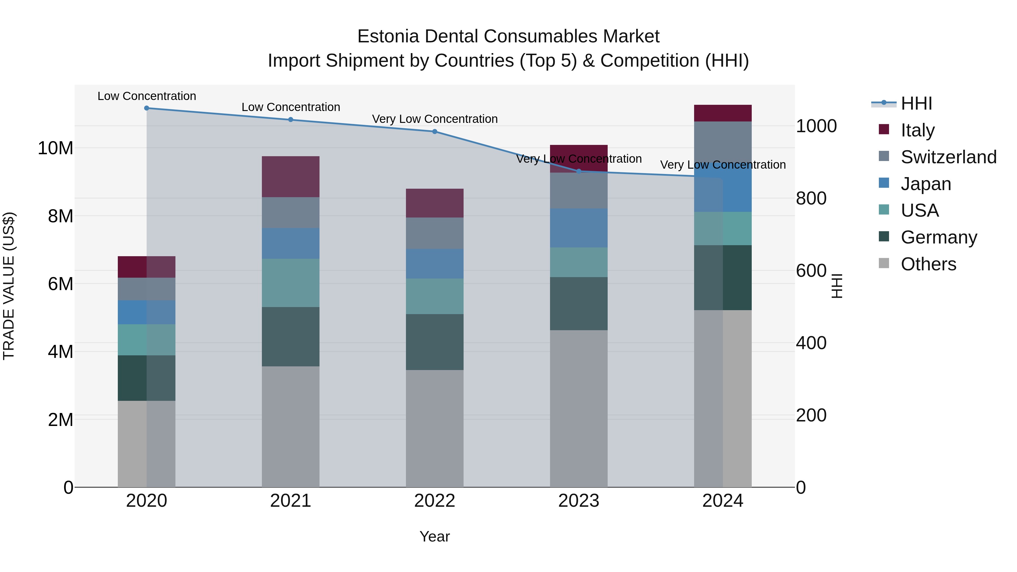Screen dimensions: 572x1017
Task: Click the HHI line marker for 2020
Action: (146, 108)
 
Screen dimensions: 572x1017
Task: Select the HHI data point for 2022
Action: (435, 131)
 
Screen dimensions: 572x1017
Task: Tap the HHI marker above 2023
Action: (579, 171)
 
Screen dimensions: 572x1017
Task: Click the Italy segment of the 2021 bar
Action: (291, 177)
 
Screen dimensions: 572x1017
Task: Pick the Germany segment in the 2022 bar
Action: (435, 342)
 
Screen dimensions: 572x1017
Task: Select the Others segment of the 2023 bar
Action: (579, 408)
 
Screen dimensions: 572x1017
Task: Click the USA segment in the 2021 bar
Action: (291, 283)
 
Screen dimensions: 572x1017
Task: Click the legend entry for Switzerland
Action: (948, 157)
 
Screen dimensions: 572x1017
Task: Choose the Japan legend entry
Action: (926, 184)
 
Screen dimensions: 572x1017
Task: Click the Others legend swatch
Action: (884, 263)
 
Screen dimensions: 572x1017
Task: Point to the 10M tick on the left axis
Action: (55, 148)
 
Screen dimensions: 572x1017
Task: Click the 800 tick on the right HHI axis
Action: (811, 198)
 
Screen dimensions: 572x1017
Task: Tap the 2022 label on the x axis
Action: (435, 501)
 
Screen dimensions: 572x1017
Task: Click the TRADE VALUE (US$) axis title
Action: (9, 286)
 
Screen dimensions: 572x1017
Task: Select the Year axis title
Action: (435, 536)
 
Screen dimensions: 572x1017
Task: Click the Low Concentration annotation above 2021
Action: (291, 107)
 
